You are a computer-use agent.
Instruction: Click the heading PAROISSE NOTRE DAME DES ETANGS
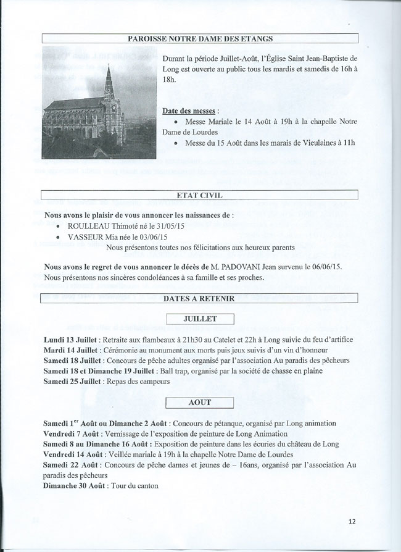pyautogui.click(x=200, y=39)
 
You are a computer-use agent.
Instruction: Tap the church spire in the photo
pyautogui.click(x=109, y=80)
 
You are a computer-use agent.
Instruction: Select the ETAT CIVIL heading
pyautogui.click(x=199, y=196)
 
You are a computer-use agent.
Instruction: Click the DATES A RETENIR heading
pyautogui.click(x=199, y=299)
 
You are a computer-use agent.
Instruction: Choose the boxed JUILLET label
pyautogui.click(x=201, y=319)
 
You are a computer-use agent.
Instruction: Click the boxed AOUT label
pyautogui.click(x=201, y=403)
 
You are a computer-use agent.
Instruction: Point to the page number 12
pyautogui.click(x=352, y=521)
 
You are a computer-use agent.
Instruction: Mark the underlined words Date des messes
pyautogui.click(x=189, y=111)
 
